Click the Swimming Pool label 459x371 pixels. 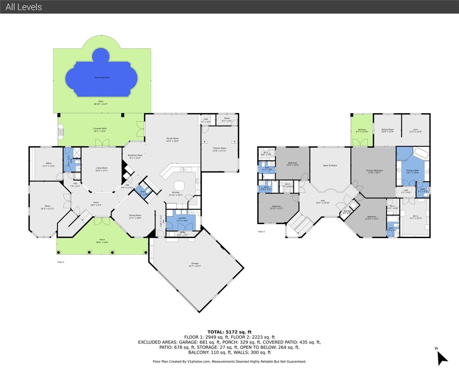point(100,77)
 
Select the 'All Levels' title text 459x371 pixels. point(24,7)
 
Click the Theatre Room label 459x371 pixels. point(219,148)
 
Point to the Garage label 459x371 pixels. point(195,264)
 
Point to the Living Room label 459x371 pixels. point(101,168)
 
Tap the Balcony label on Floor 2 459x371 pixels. point(362,129)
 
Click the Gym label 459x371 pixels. point(416,129)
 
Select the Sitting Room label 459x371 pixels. point(387,129)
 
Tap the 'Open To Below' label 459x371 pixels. point(330,165)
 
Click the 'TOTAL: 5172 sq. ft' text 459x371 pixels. point(229,331)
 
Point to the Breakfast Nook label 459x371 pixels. point(135,156)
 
